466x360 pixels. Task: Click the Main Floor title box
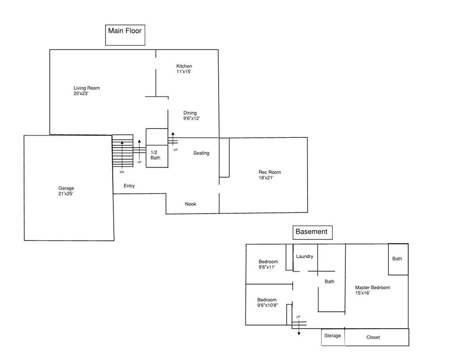[x=125, y=35]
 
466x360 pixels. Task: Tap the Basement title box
[x=313, y=232]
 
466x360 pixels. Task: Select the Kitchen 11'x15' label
[x=184, y=69]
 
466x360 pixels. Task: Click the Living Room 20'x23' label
[x=87, y=91]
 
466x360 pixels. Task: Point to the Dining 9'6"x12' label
[x=191, y=115]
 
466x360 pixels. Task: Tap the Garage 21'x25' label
[x=66, y=191]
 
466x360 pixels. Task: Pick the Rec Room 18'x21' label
[x=270, y=174]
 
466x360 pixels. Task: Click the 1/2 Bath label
[x=155, y=155]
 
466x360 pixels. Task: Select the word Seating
[x=201, y=153]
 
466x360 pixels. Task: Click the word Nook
[x=190, y=204]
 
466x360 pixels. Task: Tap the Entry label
[x=129, y=186]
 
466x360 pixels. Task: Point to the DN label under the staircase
[x=122, y=172]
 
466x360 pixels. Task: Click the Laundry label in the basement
[x=305, y=256]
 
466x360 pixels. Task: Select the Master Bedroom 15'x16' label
[x=373, y=290]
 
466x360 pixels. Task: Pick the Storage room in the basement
[x=333, y=337]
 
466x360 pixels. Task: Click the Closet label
[x=373, y=337]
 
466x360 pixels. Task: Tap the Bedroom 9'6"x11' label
[x=268, y=264]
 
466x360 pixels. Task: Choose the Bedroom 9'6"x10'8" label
[x=268, y=302]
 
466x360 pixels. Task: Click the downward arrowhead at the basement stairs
[x=299, y=334]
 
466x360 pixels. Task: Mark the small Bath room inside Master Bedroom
[x=398, y=259]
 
